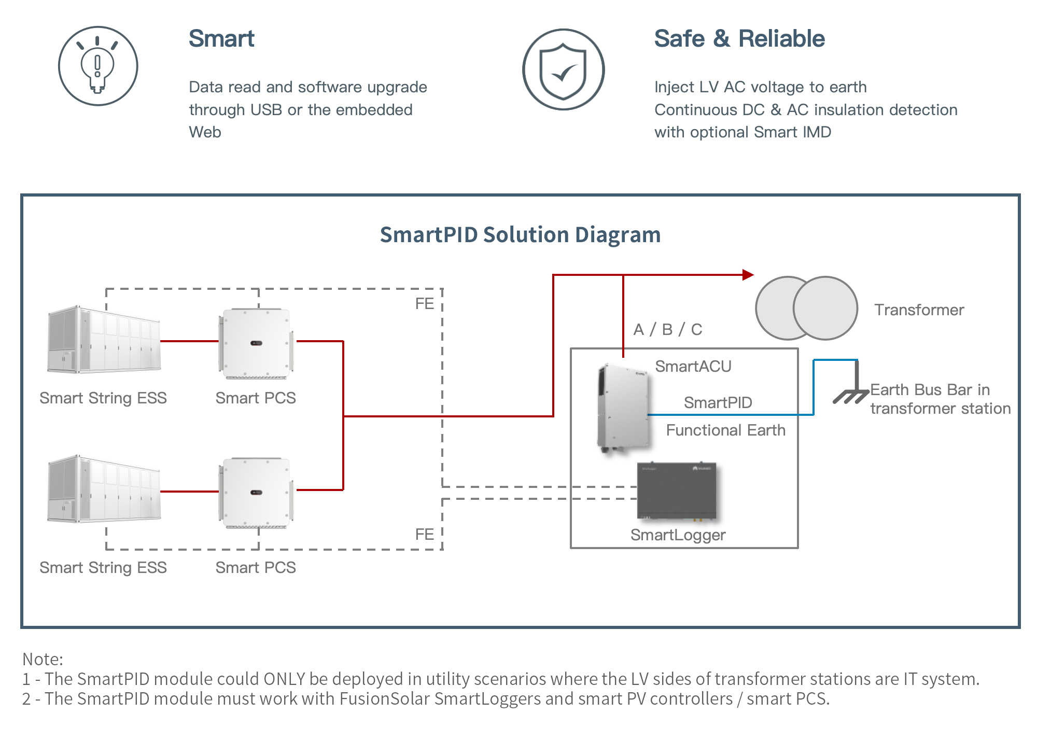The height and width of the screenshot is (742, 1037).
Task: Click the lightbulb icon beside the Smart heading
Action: [x=97, y=66]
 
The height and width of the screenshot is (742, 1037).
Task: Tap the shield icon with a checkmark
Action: [x=563, y=69]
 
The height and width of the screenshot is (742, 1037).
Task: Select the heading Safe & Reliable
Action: [x=739, y=39]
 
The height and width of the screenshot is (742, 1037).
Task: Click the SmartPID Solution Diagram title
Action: [x=520, y=235]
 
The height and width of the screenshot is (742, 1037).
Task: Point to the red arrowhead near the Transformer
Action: [x=748, y=275]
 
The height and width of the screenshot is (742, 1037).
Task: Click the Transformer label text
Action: [x=919, y=310]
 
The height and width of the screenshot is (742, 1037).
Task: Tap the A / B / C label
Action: [x=668, y=329]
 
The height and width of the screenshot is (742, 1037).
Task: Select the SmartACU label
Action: [x=693, y=367]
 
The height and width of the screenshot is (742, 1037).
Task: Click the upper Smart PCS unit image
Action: [x=256, y=343]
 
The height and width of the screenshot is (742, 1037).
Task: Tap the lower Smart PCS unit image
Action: [x=256, y=493]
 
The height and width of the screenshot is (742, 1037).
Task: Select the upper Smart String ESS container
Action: [x=104, y=340]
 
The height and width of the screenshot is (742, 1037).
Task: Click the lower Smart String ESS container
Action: [x=104, y=489]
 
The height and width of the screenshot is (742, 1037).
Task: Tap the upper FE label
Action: [x=424, y=304]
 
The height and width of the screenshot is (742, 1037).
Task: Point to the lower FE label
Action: [x=424, y=535]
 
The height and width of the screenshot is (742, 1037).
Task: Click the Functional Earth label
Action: [x=725, y=430]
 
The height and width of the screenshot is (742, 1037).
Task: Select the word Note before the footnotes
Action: [x=41, y=659]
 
